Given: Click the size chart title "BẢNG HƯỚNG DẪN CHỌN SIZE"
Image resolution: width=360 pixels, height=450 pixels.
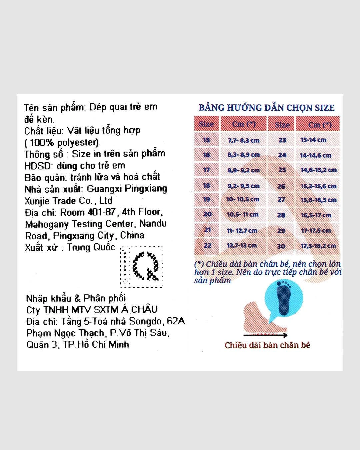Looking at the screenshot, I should point(266,108).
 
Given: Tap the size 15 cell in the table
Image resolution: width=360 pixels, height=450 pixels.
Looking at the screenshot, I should point(206,140).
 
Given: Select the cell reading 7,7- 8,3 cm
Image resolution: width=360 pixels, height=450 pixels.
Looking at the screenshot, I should point(243,140).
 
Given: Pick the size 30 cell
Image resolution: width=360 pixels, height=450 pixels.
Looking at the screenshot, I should point(281,246).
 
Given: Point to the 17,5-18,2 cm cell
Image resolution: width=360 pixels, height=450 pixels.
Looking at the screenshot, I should point(318,246).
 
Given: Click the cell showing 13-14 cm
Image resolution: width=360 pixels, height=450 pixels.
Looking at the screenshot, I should point(313,140).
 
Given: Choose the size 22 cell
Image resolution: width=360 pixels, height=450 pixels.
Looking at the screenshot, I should point(207,245).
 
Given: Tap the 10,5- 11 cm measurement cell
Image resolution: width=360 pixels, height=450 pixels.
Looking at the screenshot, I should point(243,215).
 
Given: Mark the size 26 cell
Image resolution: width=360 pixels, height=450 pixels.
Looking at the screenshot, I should point(281,186).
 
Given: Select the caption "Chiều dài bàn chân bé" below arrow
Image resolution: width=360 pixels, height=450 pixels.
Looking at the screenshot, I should point(267,345).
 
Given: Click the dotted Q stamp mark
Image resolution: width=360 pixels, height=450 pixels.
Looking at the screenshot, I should point(141,267).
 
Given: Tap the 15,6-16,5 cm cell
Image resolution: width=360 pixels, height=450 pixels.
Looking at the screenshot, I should point(318,200).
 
